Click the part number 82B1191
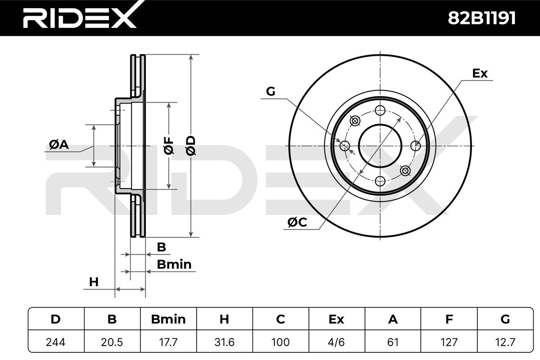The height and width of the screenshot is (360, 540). point(481,18)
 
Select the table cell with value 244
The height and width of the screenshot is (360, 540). point(56,342)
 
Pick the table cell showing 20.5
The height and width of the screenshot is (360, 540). point(112,342)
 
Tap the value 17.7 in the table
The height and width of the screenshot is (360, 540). point(168,342)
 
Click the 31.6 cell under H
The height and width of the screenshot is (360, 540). point(225,342)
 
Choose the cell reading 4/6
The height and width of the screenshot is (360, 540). point(337,342)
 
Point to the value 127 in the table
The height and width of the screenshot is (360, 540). point(449,342)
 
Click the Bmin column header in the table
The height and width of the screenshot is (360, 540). point(168,319)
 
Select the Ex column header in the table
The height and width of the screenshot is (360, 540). point(337,319)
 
